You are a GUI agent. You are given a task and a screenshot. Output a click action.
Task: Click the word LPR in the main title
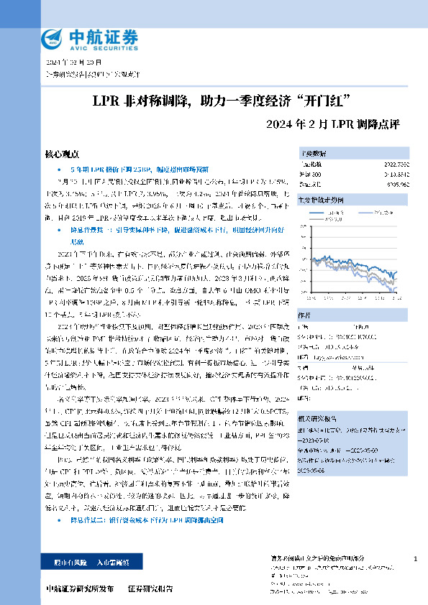105,98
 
